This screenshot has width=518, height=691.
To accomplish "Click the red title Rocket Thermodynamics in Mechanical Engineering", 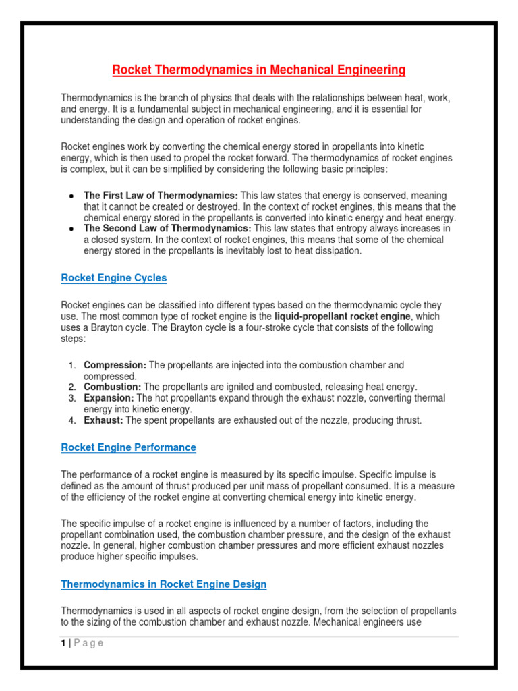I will [258, 70].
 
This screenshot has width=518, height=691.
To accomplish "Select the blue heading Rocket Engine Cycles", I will [114, 278].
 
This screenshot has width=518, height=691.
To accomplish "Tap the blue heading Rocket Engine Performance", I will [128, 447].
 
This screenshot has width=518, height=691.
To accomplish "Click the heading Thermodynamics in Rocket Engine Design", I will [164, 584].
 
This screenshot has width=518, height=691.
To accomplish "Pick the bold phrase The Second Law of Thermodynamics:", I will [167, 229].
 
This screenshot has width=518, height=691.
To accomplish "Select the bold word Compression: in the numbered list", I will [115, 365].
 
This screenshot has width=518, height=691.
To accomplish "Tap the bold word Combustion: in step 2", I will [112, 387].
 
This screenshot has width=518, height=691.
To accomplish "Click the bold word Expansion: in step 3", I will [109, 398].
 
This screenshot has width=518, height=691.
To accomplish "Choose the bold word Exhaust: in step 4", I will [103, 420].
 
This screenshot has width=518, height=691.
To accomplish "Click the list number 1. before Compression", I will [72, 365].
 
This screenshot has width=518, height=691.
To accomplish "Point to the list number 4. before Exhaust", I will [72, 420].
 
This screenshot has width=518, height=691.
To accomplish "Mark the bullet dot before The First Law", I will [71, 196].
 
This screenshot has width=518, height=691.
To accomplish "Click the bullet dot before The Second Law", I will [71, 229].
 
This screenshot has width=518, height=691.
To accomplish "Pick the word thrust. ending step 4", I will [407, 420].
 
